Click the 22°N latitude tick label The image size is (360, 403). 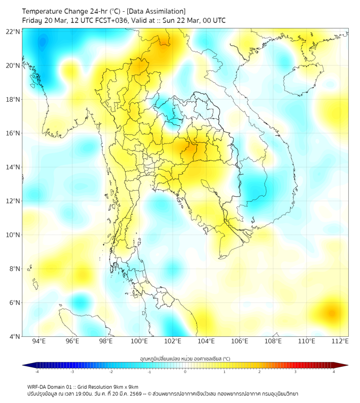[13, 31]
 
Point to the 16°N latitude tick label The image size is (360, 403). [13, 133]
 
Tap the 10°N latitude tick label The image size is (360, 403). [13, 235]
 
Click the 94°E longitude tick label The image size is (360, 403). [39, 341]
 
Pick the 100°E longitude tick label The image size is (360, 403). [139, 341]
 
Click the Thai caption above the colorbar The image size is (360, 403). [185, 358]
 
